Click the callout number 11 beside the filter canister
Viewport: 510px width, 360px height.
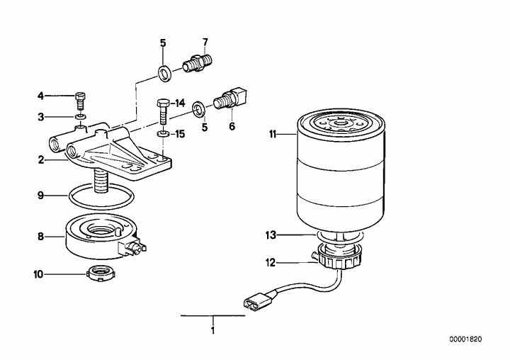272,134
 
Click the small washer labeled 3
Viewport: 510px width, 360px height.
80,116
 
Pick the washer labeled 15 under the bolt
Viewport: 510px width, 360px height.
163,134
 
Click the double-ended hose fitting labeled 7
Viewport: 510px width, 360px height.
198,64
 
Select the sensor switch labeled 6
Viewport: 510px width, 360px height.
231,97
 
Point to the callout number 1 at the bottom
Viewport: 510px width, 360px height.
212,330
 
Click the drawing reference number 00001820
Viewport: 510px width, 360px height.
465,339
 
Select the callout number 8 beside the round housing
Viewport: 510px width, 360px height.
40,236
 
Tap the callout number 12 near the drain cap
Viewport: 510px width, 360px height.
271,262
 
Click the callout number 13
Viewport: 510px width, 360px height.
271,235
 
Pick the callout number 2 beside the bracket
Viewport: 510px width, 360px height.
40,160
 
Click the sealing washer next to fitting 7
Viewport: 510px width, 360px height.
166,73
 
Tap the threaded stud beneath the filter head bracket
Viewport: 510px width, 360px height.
100,181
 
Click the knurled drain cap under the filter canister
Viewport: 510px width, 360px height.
339,257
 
